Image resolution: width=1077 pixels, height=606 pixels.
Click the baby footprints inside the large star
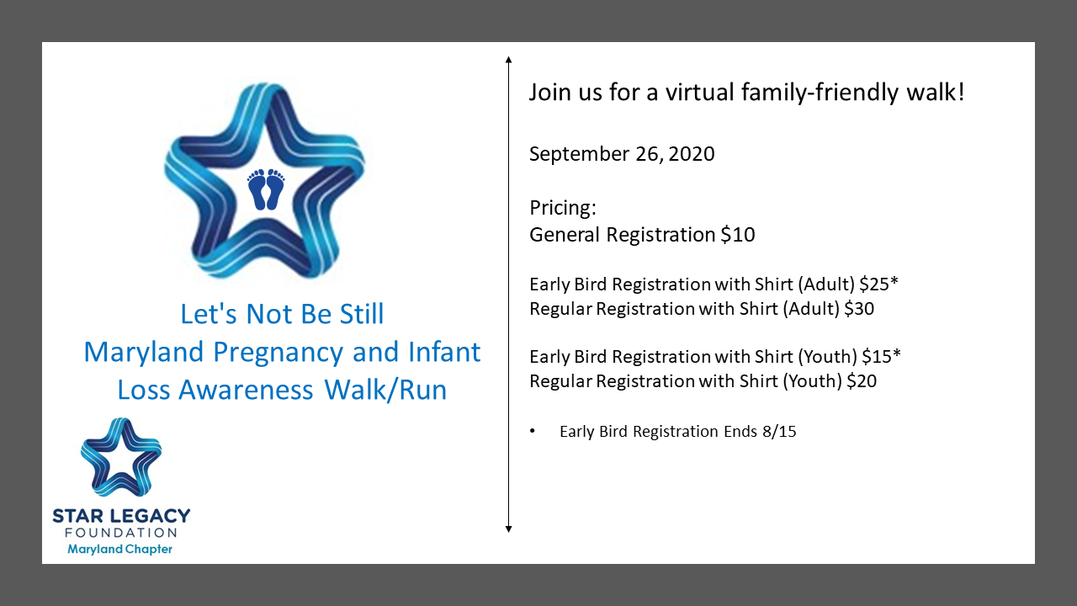click(x=266, y=189)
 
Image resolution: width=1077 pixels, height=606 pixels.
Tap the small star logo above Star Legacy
click(x=121, y=457)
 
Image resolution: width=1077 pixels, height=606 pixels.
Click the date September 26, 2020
click(x=622, y=154)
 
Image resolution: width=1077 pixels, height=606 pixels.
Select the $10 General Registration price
click(x=738, y=235)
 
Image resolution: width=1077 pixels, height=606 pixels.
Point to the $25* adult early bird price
click(x=879, y=284)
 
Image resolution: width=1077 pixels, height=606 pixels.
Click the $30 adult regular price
click(x=859, y=309)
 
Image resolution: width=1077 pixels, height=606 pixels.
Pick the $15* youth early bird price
click(x=881, y=356)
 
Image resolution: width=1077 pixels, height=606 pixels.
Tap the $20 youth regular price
click(x=862, y=381)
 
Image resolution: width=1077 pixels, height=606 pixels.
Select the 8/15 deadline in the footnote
click(x=779, y=432)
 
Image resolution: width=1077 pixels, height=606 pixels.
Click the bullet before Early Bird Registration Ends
click(x=533, y=431)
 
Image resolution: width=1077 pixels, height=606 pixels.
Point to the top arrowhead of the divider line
click(x=509, y=59)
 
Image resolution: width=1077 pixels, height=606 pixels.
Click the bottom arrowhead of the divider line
click(x=509, y=529)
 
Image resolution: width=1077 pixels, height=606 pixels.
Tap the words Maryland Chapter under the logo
click(x=119, y=550)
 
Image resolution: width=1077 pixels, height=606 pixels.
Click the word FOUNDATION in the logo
click(x=121, y=533)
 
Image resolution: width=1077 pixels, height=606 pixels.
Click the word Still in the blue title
click(x=362, y=314)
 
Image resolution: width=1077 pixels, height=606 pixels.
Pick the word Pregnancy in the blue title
click(x=278, y=353)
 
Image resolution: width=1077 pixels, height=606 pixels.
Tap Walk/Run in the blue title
click(x=385, y=390)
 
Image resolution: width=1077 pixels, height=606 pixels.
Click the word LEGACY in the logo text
click(x=151, y=516)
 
